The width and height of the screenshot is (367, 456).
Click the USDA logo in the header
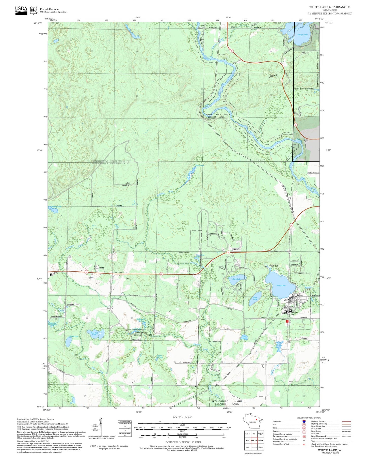click(x=21, y=10)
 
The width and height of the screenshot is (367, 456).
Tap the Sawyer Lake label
click(x=302, y=35)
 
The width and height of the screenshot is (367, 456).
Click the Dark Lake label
click(x=236, y=279)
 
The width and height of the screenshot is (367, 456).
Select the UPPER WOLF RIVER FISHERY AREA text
click(x=218, y=116)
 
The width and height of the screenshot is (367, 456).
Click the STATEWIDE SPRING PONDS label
click(x=143, y=334)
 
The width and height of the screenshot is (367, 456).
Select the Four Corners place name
click(x=118, y=272)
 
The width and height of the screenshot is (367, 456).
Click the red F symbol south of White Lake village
click(x=287, y=321)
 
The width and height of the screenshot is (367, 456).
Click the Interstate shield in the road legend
click(x=304, y=421)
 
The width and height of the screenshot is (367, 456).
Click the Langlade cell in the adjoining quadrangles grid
click(x=261, y=440)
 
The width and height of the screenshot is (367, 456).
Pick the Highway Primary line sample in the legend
click(x=346, y=421)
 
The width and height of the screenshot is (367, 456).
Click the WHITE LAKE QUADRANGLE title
click(x=329, y=7)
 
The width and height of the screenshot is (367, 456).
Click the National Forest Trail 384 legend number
click(x=304, y=444)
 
